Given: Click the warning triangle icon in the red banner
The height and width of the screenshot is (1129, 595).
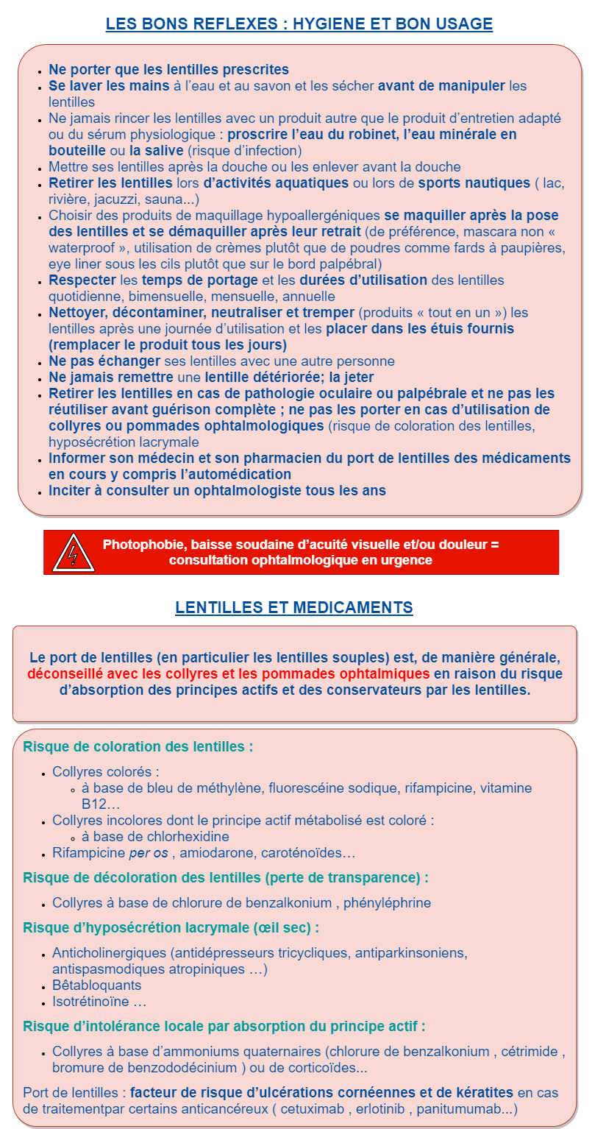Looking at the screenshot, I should click(74, 553).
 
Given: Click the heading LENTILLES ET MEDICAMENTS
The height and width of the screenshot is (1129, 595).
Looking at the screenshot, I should click(294, 607).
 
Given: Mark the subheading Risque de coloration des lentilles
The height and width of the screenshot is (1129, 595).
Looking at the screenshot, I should click(138, 746).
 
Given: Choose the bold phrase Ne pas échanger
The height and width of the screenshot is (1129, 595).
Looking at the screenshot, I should click(104, 361).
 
